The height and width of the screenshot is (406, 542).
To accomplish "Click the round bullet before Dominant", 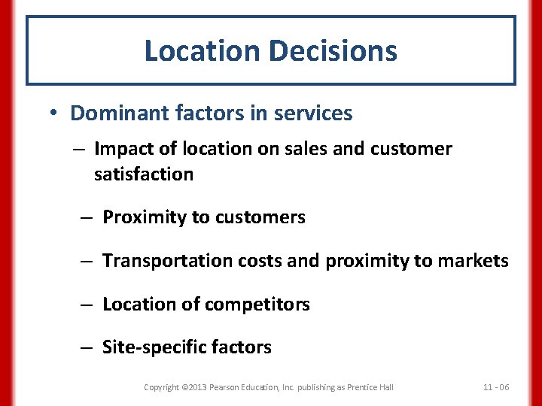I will [x=55, y=114].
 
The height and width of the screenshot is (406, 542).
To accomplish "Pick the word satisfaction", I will [x=144, y=174].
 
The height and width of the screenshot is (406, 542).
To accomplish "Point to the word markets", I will [x=474, y=261].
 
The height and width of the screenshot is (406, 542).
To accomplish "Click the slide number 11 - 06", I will [x=495, y=387].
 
